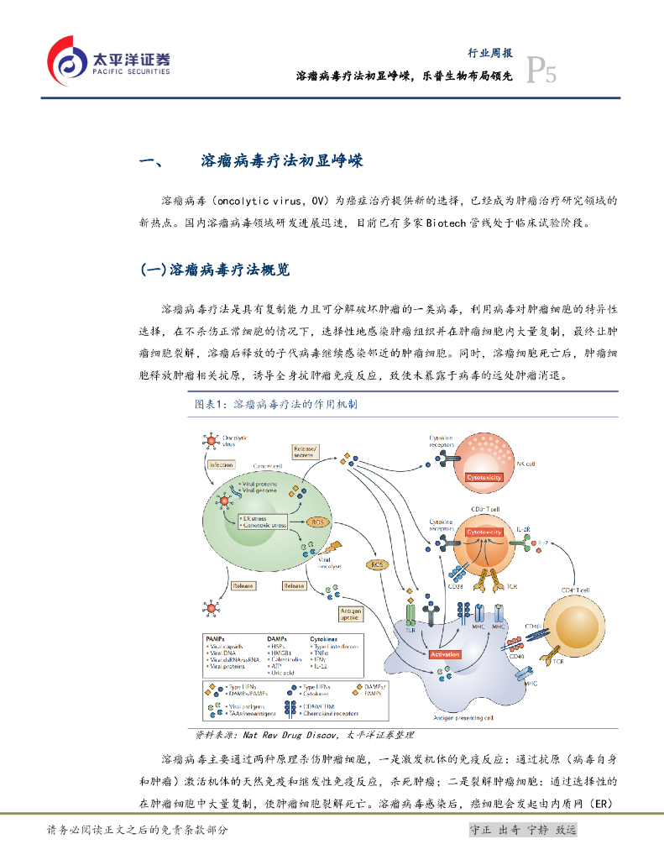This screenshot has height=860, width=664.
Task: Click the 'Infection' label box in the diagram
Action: [x=222, y=464]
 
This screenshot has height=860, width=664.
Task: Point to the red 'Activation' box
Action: [x=445, y=653]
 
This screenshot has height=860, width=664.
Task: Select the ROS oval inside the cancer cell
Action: [x=317, y=522]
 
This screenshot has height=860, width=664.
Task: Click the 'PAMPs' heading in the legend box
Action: [x=215, y=639]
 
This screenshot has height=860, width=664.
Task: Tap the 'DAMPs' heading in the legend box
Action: [x=277, y=639]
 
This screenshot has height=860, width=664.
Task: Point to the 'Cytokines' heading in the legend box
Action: [x=323, y=639]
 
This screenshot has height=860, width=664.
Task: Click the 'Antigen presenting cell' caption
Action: [x=463, y=718]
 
